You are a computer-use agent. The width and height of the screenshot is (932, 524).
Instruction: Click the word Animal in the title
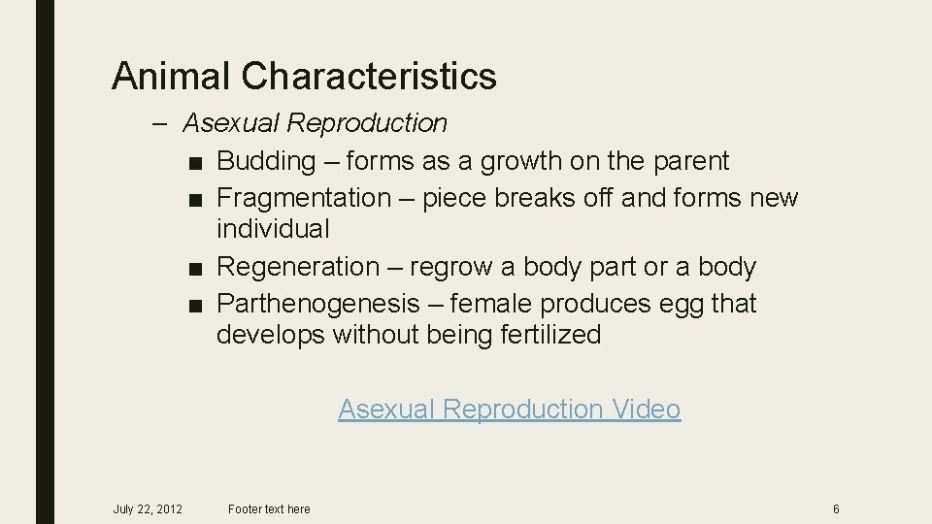tap(171, 76)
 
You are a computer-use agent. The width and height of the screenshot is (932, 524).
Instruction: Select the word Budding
tap(266, 161)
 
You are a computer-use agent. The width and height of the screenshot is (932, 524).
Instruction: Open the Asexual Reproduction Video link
tap(510, 409)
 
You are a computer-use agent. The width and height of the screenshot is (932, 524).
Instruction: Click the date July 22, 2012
tap(148, 509)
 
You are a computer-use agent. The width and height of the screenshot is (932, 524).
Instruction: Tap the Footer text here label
tap(269, 509)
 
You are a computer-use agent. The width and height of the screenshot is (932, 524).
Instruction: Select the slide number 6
tap(836, 509)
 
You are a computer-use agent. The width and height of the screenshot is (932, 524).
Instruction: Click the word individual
tap(273, 230)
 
